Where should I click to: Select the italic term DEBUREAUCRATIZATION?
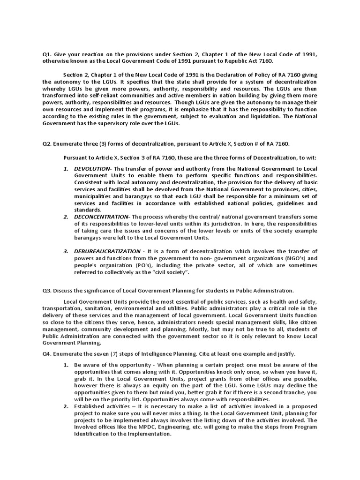coord(107,251)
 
